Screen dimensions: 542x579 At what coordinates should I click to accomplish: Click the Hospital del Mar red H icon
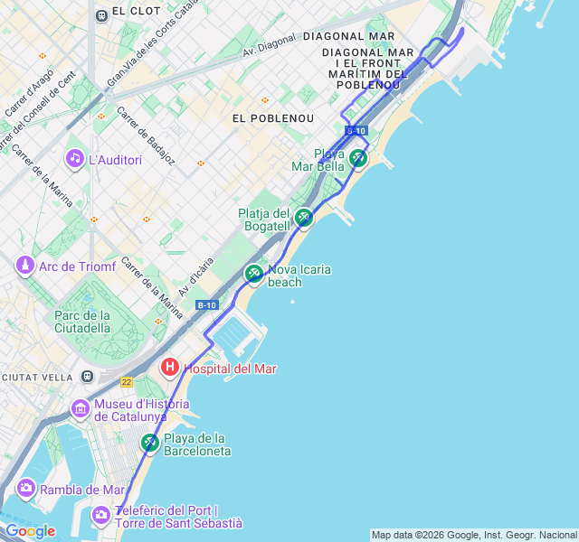169,368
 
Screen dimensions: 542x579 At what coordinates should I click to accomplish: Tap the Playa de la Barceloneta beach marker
150,443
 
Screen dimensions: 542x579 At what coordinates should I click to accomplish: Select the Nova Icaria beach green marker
254,273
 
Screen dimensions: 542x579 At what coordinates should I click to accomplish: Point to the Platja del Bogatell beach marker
304,217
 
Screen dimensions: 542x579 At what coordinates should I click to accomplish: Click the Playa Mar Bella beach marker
358,159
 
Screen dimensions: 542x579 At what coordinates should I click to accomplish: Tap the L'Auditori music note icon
75,159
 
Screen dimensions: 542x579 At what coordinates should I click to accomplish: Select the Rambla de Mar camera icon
25,489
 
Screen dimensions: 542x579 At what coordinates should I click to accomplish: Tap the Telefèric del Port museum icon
101,515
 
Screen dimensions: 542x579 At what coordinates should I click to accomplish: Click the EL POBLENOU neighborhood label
272,118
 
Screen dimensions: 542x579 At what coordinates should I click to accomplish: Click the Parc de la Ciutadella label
81,322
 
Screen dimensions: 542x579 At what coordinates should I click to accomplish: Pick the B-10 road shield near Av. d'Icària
206,305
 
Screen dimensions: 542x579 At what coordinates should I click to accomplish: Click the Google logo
30,531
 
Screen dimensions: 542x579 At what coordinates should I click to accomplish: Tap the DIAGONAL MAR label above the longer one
349,36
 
